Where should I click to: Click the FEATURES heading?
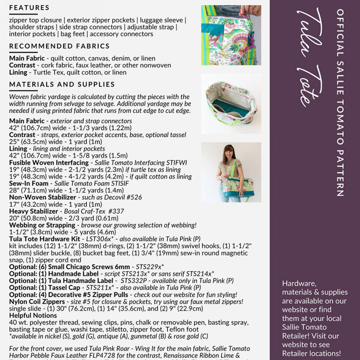(x=29, y=8)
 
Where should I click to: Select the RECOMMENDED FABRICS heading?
(x=59, y=46)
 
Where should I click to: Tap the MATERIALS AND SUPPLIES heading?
(x=62, y=84)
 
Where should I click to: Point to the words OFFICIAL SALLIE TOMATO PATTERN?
(x=339, y=103)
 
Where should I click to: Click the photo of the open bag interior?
(x=231, y=103)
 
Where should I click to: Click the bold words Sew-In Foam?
(x=28, y=183)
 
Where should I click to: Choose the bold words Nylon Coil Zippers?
(x=37, y=301)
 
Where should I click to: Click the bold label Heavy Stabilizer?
(x=34, y=211)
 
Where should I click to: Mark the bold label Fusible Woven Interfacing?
(x=49, y=163)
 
